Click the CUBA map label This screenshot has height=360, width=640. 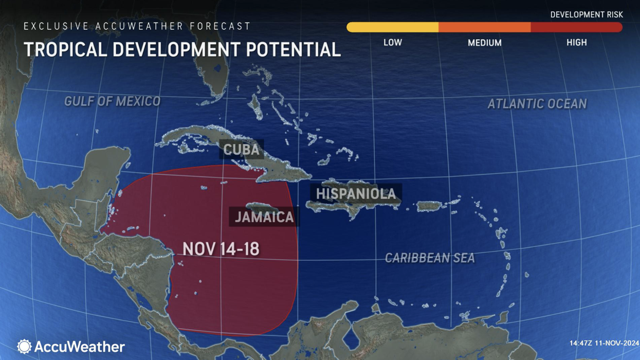[x=241, y=150]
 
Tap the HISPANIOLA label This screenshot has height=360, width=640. [x=356, y=194]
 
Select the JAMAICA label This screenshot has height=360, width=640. [x=264, y=217]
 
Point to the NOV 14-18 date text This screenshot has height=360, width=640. [x=221, y=249]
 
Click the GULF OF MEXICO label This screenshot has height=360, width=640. [x=112, y=101]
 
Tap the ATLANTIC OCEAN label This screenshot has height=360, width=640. [x=537, y=104]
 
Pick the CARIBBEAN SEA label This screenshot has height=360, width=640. [x=430, y=258]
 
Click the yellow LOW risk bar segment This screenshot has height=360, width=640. [x=393, y=27]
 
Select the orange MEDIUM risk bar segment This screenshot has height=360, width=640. [x=484, y=27]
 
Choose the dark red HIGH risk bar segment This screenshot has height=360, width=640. [x=576, y=27]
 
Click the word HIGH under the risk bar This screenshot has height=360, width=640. [x=576, y=43]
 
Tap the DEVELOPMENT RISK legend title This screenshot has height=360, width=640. [x=587, y=14]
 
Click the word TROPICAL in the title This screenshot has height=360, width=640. [x=65, y=49]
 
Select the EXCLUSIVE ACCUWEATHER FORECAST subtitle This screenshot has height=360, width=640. [x=137, y=26]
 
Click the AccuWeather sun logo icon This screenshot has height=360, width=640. [x=24, y=346]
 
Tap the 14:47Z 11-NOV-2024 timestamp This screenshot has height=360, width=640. [x=604, y=343]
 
